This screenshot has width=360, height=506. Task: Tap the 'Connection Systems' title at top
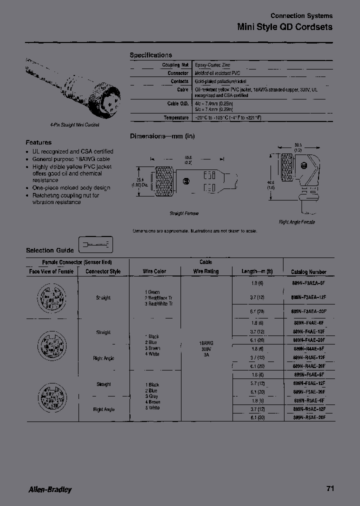[x=301, y=16]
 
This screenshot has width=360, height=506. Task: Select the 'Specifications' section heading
[x=150, y=55]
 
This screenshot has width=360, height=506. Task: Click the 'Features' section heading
[x=38, y=142]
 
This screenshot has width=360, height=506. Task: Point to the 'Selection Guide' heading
[x=49, y=250]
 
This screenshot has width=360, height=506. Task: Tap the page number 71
[x=329, y=488]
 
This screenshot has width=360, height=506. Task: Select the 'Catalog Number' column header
[x=308, y=271]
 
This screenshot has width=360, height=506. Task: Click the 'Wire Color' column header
[x=154, y=271]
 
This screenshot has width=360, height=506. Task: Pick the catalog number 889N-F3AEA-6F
[x=309, y=282]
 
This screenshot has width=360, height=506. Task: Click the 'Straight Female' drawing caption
[x=184, y=213]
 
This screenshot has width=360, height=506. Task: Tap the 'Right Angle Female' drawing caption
[x=297, y=222]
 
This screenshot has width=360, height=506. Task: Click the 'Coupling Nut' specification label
[x=175, y=65]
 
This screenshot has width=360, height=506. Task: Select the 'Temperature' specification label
[x=176, y=117]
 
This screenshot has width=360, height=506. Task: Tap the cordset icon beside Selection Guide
[x=96, y=245]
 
